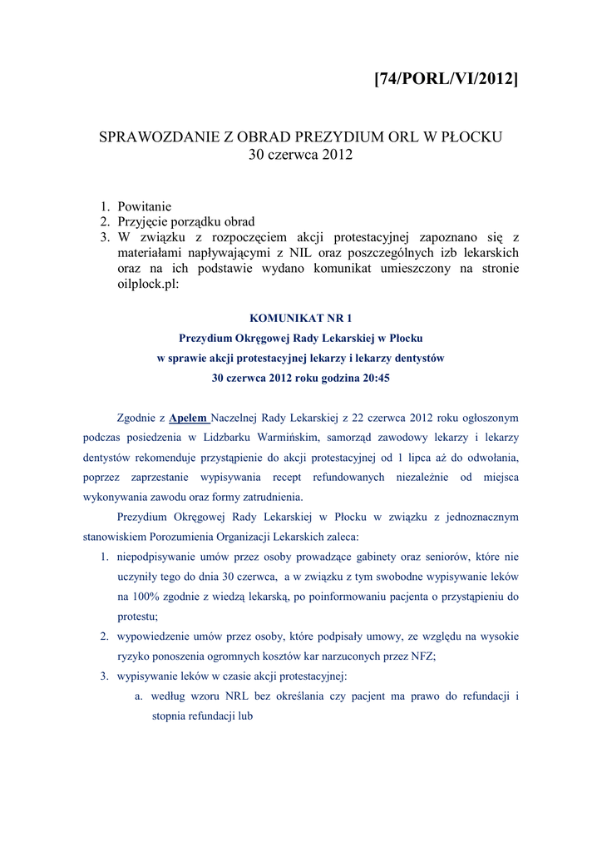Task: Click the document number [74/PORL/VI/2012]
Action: click(x=446, y=79)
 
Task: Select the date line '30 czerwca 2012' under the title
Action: click(x=301, y=155)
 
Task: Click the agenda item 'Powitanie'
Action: click(x=145, y=206)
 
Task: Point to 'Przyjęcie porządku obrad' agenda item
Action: click(x=186, y=221)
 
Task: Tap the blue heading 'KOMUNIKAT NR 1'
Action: click(x=301, y=318)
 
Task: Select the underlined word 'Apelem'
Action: click(x=188, y=418)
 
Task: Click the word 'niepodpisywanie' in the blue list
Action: click(x=158, y=557)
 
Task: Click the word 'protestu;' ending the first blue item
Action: click(x=137, y=617)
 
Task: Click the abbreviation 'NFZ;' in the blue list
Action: click(x=422, y=656)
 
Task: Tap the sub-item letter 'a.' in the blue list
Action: click(x=140, y=696)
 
